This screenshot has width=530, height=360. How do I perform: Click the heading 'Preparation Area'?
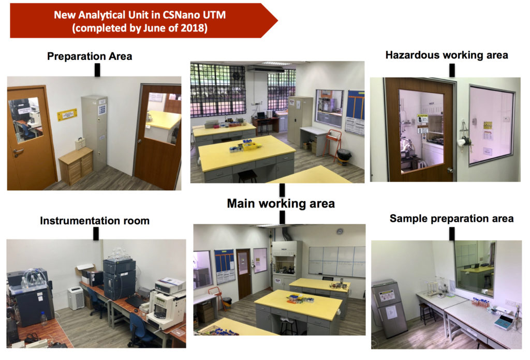[x=90, y=56]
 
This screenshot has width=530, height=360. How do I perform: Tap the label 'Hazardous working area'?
[x=447, y=55]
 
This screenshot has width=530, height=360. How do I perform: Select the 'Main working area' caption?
[x=281, y=203]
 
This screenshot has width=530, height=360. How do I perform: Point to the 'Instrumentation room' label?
[x=95, y=221]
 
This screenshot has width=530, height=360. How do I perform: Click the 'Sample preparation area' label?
[x=451, y=219]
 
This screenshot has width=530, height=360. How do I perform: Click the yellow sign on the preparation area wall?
[x=67, y=115]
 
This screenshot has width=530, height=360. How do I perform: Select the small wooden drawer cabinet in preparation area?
[x=76, y=166]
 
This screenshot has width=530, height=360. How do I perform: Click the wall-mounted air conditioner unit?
[x=265, y=68]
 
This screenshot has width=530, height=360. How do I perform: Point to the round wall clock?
[x=340, y=231]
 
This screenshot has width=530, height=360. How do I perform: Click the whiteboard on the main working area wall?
[x=336, y=261]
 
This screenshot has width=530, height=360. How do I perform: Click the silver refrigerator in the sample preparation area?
[x=389, y=308]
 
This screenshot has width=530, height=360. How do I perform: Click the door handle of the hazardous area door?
[x=450, y=170]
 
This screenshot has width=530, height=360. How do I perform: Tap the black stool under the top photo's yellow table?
[x=248, y=176]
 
